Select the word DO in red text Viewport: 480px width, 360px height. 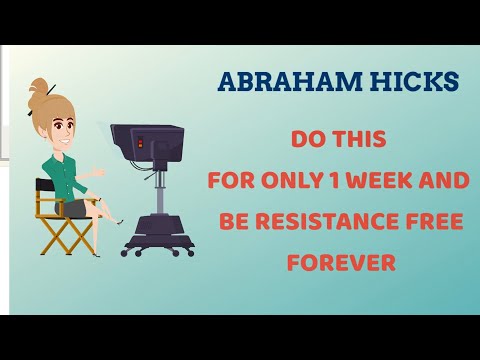tap(308, 140)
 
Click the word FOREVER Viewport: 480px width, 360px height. tap(341, 263)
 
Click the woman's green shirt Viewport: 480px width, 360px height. tap(63, 173)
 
